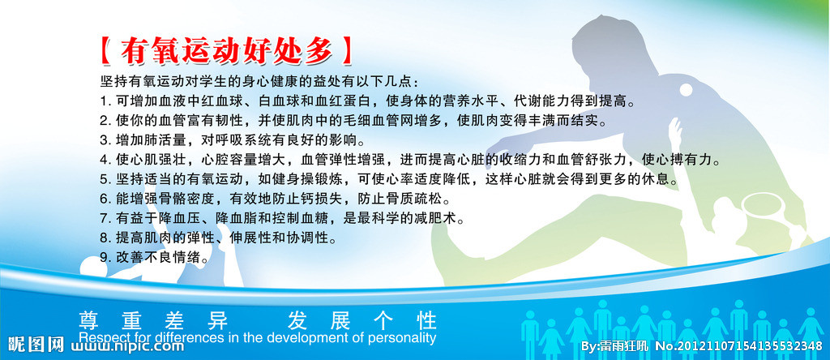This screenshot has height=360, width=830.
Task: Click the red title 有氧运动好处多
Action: (226, 51)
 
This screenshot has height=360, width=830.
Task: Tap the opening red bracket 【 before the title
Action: (105, 51)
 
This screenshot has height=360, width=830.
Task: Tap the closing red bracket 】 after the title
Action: (347, 51)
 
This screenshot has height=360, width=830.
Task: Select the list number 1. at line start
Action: (105, 101)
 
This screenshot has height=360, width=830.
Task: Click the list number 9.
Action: (105, 257)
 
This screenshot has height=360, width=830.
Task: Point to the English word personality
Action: (398, 337)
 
